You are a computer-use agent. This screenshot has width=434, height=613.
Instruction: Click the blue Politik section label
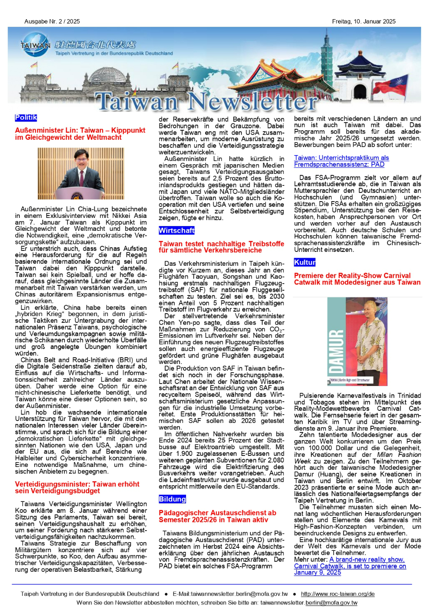25,118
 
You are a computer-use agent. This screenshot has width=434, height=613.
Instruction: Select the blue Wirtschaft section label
176,231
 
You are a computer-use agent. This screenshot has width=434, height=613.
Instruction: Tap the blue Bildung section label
172,499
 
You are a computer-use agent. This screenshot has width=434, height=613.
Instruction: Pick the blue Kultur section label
305,263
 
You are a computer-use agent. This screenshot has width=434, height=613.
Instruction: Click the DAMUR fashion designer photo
357,341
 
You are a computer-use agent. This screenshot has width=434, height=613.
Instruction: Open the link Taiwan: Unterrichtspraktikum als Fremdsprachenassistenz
341,161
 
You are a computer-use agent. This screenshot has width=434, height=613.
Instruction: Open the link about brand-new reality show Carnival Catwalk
350,566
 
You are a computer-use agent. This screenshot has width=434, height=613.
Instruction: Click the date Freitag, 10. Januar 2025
364,22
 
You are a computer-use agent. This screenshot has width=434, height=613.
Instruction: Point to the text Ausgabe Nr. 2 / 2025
52,22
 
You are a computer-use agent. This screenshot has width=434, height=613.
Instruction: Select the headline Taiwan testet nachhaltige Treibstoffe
221,247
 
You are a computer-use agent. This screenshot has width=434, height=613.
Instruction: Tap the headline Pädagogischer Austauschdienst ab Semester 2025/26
217,516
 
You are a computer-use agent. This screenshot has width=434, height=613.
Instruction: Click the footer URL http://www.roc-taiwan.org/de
338,594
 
